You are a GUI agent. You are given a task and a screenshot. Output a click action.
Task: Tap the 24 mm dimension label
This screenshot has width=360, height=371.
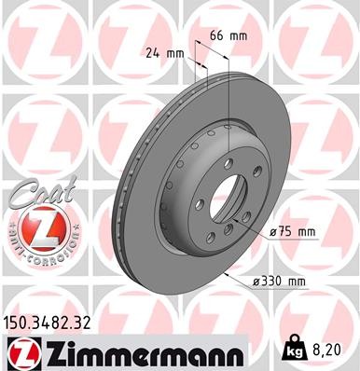click(164, 53)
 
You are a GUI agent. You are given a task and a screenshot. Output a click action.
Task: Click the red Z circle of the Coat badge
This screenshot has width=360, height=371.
click(35, 228)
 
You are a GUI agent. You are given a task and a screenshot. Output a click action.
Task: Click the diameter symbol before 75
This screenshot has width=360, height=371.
click(273, 230)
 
